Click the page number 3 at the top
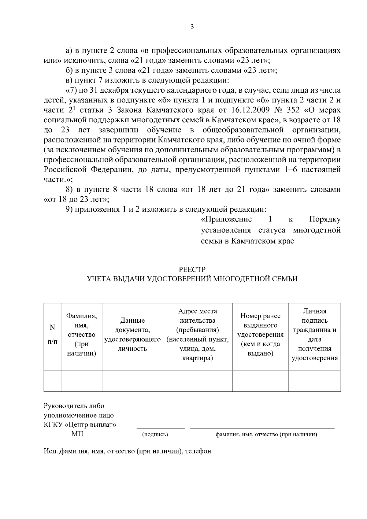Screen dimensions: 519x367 point(192,27)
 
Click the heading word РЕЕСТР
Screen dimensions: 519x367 point(192,269)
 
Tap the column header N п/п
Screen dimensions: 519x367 point(52,334)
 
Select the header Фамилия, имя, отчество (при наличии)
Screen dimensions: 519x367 point(82,335)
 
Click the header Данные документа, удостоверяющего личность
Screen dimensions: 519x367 point(132,335)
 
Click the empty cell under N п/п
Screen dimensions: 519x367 point(52,381)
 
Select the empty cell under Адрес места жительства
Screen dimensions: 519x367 point(198,381)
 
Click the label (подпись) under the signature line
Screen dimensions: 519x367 point(155,434)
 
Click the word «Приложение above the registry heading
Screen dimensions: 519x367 point(226,219)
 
